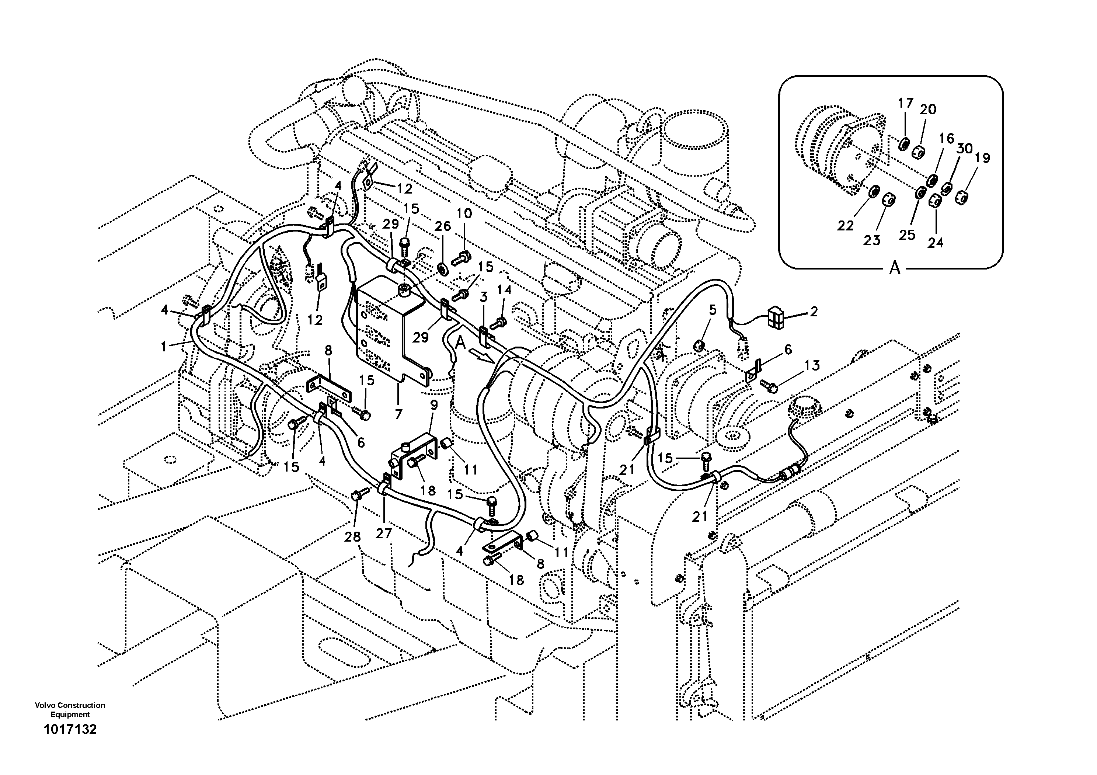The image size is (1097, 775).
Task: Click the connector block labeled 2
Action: (x=775, y=318)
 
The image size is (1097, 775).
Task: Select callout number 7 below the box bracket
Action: (x=398, y=414)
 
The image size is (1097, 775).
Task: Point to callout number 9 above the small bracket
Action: (x=434, y=406)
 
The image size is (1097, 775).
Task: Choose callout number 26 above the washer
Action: (x=442, y=226)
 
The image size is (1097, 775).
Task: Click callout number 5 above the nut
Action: (x=713, y=310)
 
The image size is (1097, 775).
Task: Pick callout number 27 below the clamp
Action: (x=384, y=533)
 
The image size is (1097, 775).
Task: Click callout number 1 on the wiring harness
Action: (x=164, y=347)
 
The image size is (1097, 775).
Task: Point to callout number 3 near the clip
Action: (x=484, y=297)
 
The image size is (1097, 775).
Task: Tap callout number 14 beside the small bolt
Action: (x=504, y=290)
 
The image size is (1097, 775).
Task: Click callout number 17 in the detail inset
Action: (x=905, y=103)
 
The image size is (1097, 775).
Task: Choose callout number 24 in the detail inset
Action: (x=935, y=243)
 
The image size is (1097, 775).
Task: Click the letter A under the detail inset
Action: (x=894, y=268)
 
